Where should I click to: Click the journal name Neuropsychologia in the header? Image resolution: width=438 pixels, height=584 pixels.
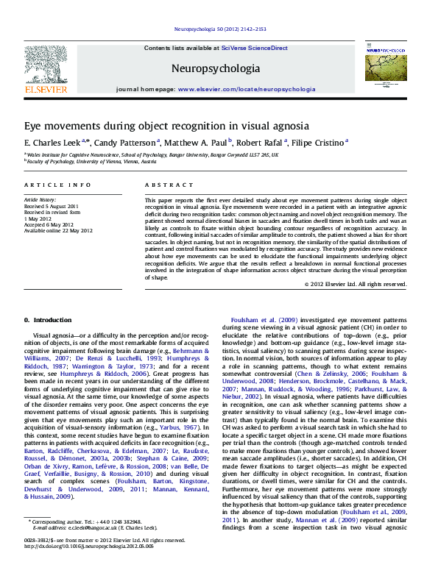click(x=216, y=68)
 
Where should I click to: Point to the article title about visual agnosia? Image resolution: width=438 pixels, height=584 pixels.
click(x=166, y=126)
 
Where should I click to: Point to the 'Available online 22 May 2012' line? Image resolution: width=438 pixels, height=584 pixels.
click(x=59, y=230)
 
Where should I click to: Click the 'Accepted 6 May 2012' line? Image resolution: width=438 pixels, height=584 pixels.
click(x=49, y=224)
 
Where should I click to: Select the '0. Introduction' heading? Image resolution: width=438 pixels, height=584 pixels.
click(x=48, y=320)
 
